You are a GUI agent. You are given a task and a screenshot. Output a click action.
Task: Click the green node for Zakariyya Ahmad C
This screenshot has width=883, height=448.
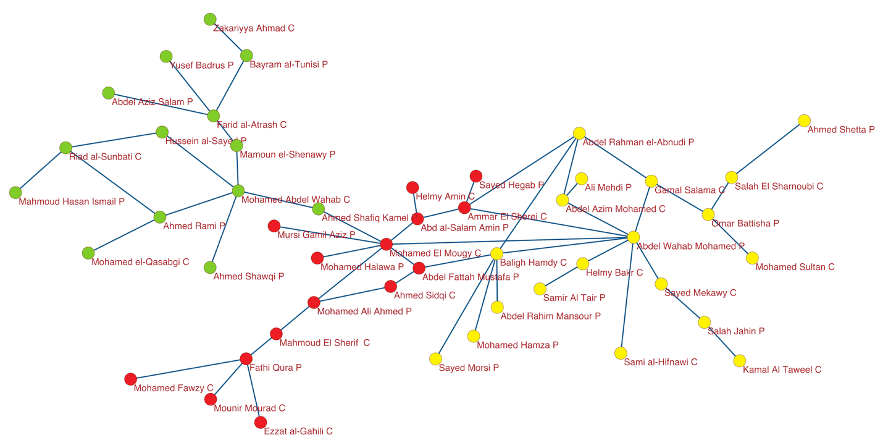click(x=210, y=19)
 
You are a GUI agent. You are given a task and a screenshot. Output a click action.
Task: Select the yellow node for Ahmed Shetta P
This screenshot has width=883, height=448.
click(x=804, y=120)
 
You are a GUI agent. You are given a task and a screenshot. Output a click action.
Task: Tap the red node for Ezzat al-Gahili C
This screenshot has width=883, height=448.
click(x=261, y=422)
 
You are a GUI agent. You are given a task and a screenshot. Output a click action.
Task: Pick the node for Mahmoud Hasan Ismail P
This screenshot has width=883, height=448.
click(x=15, y=193)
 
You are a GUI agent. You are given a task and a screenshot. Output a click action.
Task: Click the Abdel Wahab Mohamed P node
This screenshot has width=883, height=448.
click(x=633, y=237)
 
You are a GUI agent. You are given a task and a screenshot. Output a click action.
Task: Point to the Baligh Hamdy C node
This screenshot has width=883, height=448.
click(x=496, y=253)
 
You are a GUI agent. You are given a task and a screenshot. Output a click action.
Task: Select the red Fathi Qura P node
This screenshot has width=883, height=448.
click(x=246, y=358)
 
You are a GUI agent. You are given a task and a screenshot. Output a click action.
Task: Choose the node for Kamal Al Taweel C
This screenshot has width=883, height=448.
click(x=740, y=361)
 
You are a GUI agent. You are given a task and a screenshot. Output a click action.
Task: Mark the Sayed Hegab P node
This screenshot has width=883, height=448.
click(x=475, y=176)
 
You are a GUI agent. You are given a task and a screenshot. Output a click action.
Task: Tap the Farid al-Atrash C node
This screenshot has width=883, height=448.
click(x=214, y=116)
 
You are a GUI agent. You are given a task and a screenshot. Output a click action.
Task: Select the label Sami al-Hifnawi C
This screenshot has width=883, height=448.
click(x=661, y=362)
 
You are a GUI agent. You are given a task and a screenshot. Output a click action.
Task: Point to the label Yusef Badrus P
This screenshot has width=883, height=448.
click(x=202, y=65)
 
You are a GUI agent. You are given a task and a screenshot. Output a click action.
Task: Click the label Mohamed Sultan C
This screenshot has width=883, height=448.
click(x=795, y=267)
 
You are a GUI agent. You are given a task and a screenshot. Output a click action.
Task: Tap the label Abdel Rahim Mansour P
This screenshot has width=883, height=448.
click(x=550, y=316)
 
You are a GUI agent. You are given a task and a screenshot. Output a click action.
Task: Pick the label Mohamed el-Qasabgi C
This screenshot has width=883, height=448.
click(x=140, y=262)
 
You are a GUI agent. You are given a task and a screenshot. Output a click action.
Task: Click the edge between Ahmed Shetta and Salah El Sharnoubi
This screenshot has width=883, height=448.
click(x=768, y=149)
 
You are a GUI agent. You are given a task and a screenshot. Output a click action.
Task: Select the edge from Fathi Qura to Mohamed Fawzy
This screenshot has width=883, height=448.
click(x=188, y=368)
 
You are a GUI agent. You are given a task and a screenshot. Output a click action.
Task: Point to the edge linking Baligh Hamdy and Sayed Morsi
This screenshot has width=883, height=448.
click(x=466, y=306)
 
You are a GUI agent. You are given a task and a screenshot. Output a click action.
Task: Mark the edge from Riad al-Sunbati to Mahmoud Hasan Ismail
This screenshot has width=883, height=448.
click(x=41, y=170)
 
